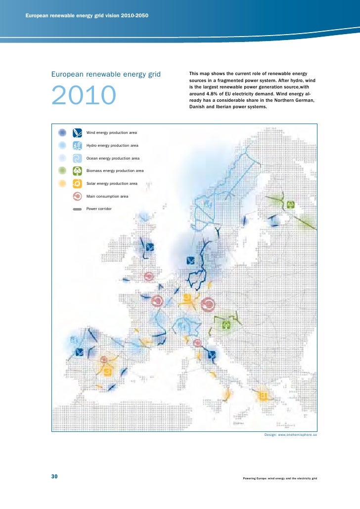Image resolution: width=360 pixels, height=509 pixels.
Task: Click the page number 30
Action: coord(54,476)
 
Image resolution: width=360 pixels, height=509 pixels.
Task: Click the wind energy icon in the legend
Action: coord(77,132)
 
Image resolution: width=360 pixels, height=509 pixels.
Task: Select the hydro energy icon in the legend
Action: coord(77,145)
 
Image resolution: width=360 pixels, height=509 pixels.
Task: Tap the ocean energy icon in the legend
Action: coord(77,158)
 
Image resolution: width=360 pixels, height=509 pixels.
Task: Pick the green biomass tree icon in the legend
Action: coord(77,170)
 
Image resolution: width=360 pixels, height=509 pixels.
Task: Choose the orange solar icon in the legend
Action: coord(77,183)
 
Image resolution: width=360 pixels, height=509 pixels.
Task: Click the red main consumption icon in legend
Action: coord(77,196)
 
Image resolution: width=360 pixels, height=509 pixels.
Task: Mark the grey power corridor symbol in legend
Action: coord(77,209)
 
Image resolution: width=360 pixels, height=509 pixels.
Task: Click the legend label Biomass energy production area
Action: coord(115,170)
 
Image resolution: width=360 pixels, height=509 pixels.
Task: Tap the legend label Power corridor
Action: coord(99,209)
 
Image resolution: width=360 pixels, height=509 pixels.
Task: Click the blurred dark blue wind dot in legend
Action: coord(62,132)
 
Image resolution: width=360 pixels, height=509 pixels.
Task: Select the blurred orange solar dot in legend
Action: coord(62,183)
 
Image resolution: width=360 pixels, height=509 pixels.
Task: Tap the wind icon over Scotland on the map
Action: coord(150,247)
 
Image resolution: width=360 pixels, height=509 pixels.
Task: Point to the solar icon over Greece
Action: coord(264,396)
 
